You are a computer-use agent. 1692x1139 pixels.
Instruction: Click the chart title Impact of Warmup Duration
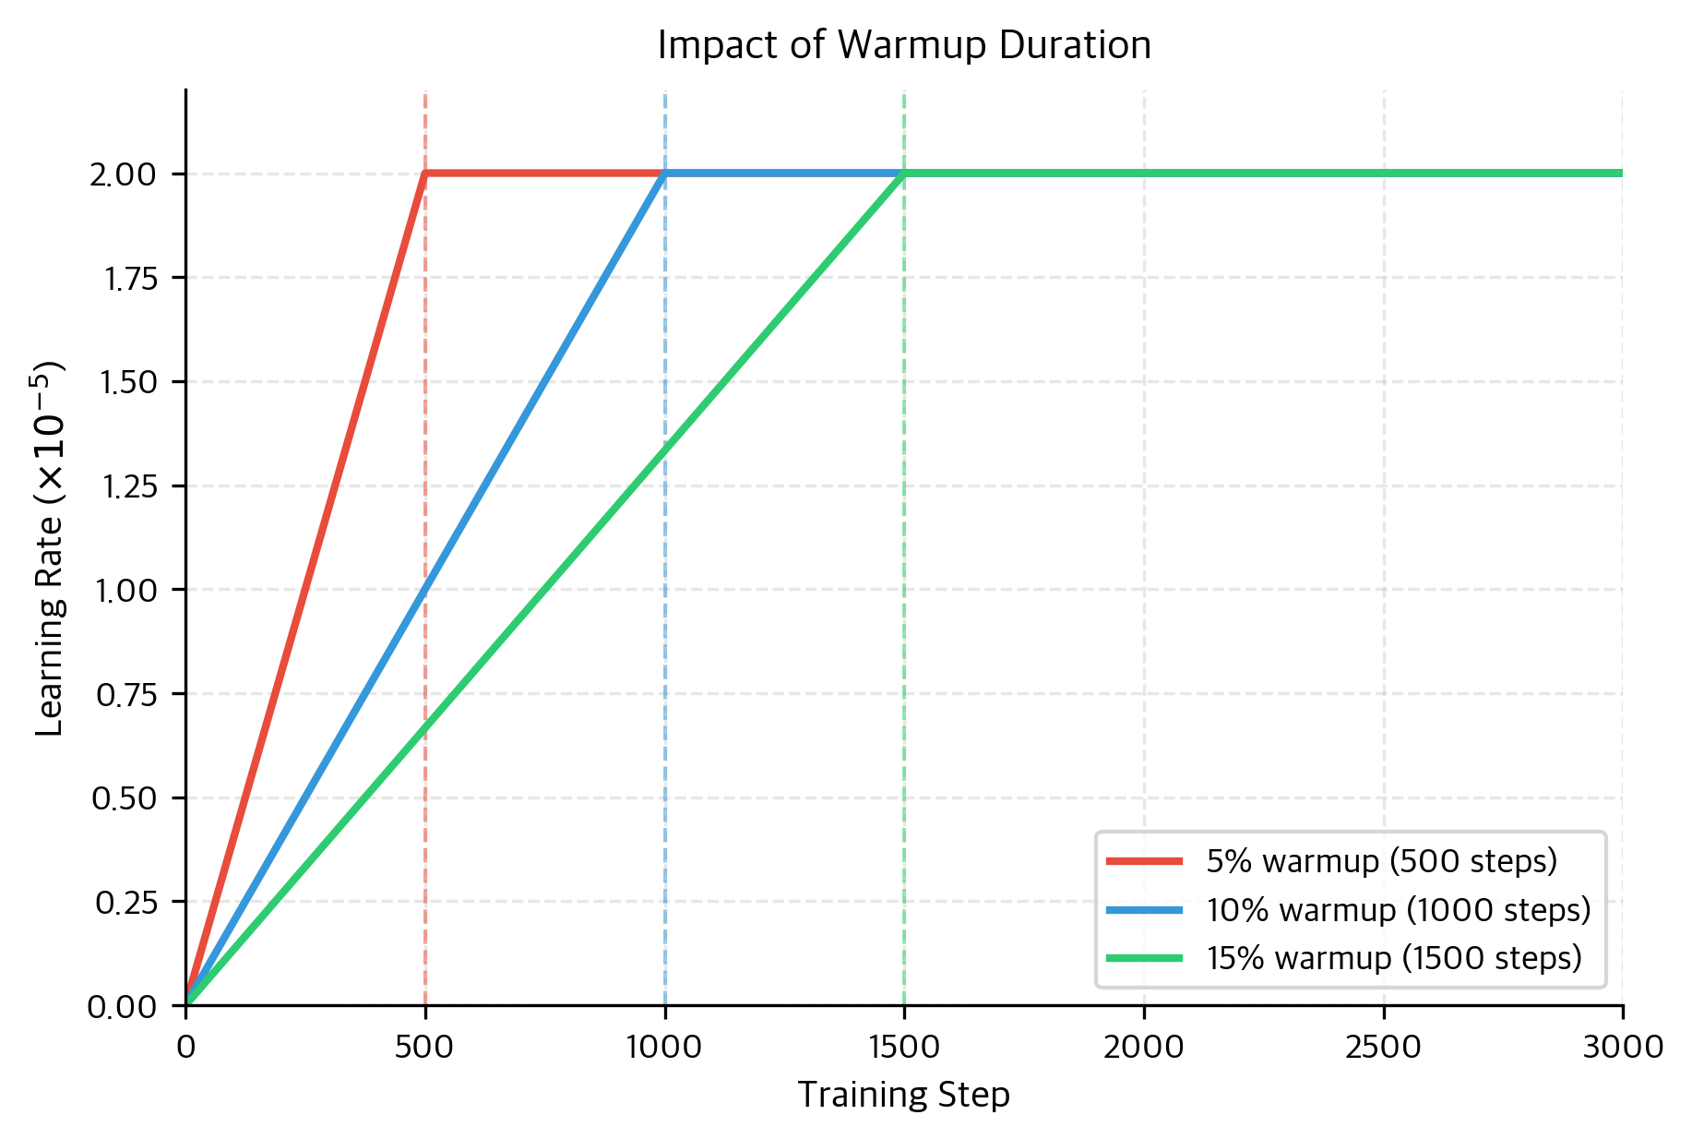[903, 45]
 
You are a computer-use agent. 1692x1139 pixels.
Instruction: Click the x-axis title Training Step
[903, 1095]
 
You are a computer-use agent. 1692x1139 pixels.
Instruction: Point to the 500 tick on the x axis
[424, 1048]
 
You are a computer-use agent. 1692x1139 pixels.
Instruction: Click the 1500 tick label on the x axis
[903, 1048]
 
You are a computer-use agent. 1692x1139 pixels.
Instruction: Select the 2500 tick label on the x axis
[1383, 1048]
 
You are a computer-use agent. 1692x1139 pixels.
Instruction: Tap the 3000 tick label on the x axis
[1622, 1048]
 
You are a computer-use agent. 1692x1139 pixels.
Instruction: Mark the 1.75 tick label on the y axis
[129, 279]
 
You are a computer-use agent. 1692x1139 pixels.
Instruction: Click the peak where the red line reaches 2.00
[424, 174]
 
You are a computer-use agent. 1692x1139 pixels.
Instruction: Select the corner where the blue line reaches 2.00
[664, 174]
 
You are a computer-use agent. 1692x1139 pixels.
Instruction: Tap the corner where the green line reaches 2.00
[903, 174]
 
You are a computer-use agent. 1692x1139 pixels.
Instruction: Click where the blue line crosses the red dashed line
[424, 589]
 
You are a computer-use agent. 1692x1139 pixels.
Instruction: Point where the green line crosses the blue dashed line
[664, 450]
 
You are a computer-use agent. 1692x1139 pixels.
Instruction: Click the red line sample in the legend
[1144, 861]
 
